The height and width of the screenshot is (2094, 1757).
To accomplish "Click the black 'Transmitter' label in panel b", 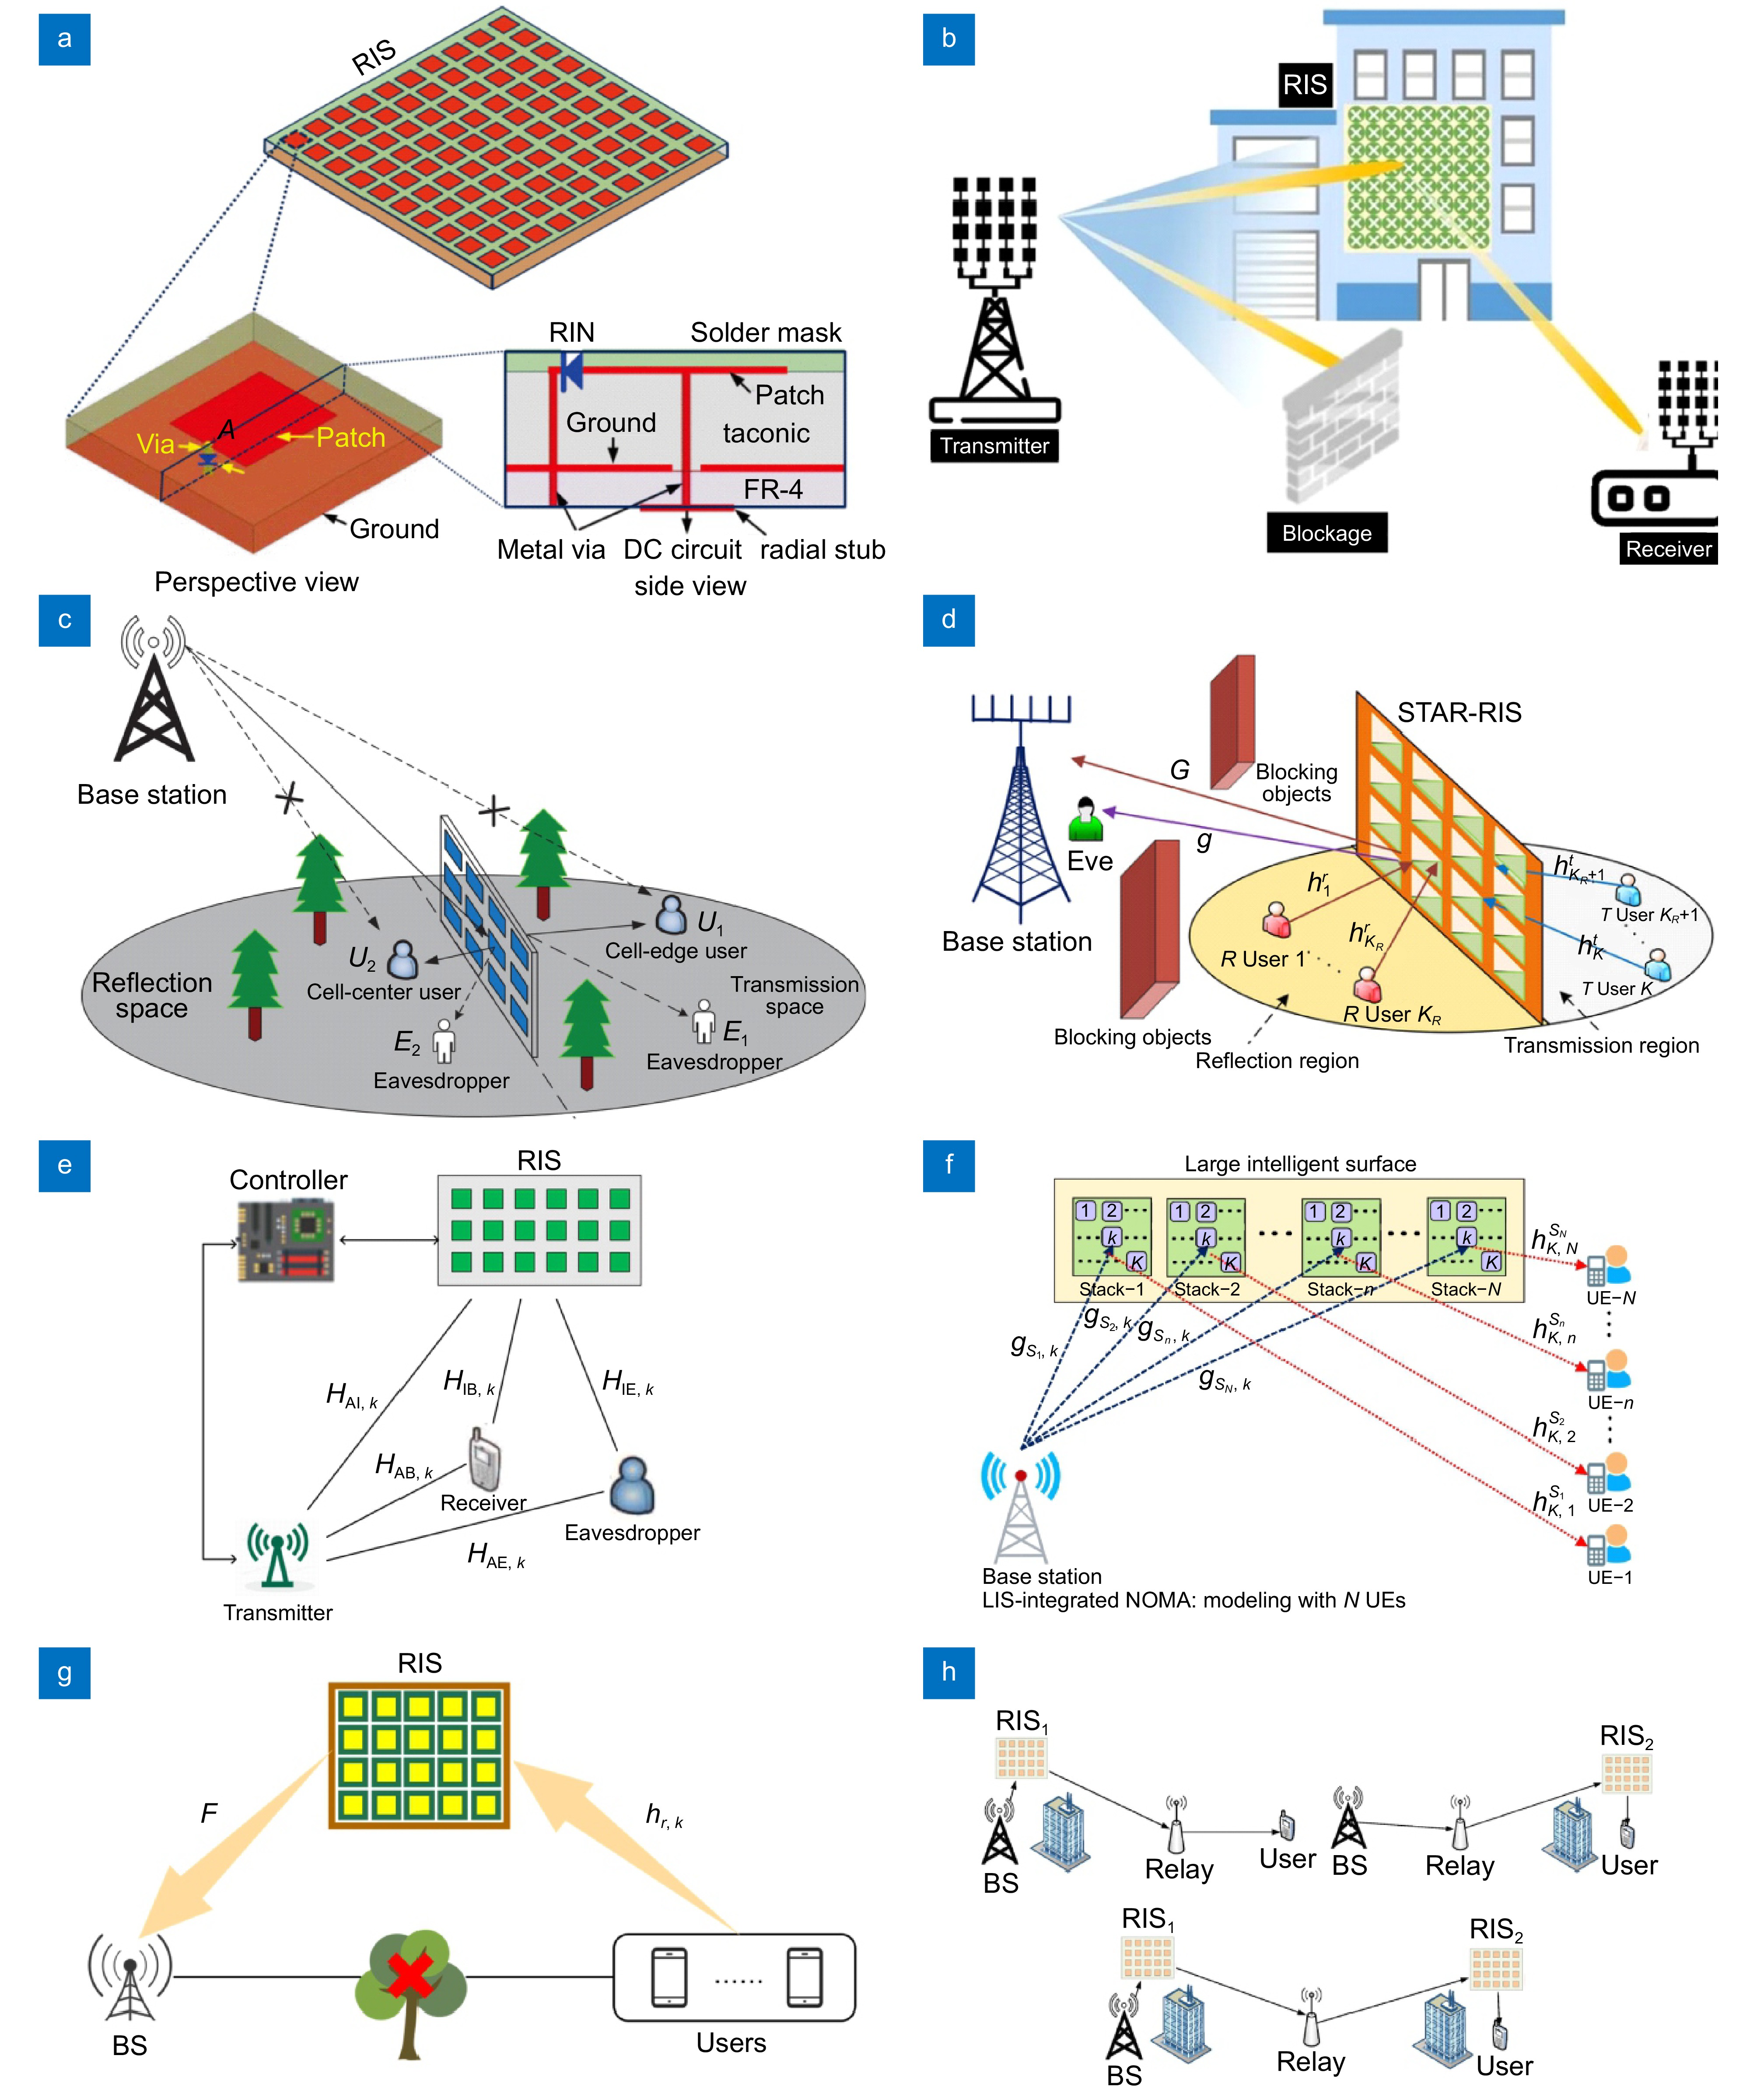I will pyautogui.click(x=994, y=446).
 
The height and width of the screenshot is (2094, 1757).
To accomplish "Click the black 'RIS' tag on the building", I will pyautogui.click(x=1304, y=85).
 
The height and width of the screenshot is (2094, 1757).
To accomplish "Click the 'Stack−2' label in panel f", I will pyautogui.click(x=1207, y=1289).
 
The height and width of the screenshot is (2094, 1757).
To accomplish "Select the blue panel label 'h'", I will pyautogui.click(x=948, y=1672).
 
